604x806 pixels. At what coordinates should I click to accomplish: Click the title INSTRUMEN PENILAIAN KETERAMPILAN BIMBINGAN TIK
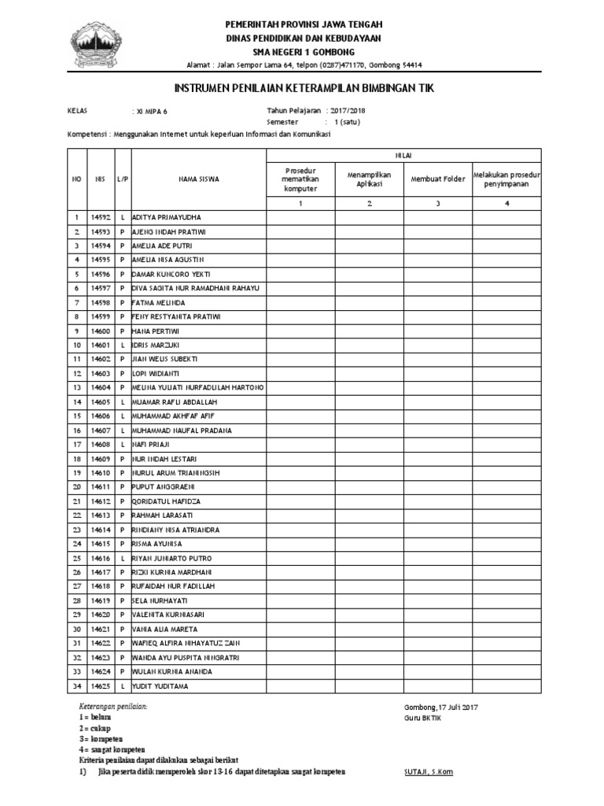pos(303,88)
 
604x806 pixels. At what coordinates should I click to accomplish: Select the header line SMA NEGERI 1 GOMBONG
pos(303,50)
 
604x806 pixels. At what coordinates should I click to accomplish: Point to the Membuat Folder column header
pos(437,179)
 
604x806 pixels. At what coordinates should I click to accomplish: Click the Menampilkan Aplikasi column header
pos(370,179)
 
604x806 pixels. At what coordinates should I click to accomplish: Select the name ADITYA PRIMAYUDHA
pos(167,217)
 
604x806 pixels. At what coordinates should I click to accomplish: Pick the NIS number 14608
pos(100,445)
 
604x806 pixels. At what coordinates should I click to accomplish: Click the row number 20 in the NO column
pos(77,488)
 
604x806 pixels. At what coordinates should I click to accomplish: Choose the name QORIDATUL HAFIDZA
pos(166,501)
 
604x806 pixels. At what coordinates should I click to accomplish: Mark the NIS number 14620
pos(100,615)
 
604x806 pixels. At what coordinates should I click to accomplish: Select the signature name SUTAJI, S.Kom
pos(428,772)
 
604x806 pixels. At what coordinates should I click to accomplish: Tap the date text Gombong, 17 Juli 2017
pos(440,707)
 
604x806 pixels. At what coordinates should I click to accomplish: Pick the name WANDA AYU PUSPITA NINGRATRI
pos(186,657)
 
